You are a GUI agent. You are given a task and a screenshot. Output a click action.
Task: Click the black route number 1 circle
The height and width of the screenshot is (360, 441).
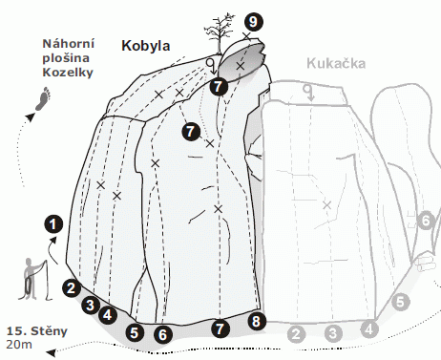53,224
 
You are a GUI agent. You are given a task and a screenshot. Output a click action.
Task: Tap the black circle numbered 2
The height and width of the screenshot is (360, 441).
72,287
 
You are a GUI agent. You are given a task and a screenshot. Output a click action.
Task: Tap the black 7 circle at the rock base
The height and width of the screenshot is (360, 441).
220,328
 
